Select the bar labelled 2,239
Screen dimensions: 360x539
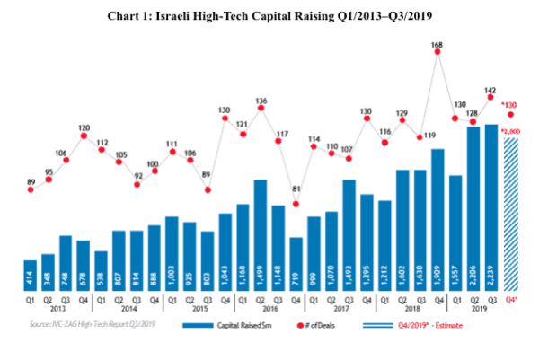coord(491,206)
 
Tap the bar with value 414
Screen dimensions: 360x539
coord(30,275)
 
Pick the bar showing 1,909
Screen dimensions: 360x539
coord(438,219)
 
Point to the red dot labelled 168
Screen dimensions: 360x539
coord(438,52)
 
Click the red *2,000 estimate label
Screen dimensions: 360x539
coord(511,132)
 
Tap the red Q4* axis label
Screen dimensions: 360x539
coord(511,300)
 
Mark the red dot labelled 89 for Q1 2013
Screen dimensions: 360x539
coord(30,190)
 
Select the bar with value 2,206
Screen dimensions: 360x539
coord(473,208)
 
